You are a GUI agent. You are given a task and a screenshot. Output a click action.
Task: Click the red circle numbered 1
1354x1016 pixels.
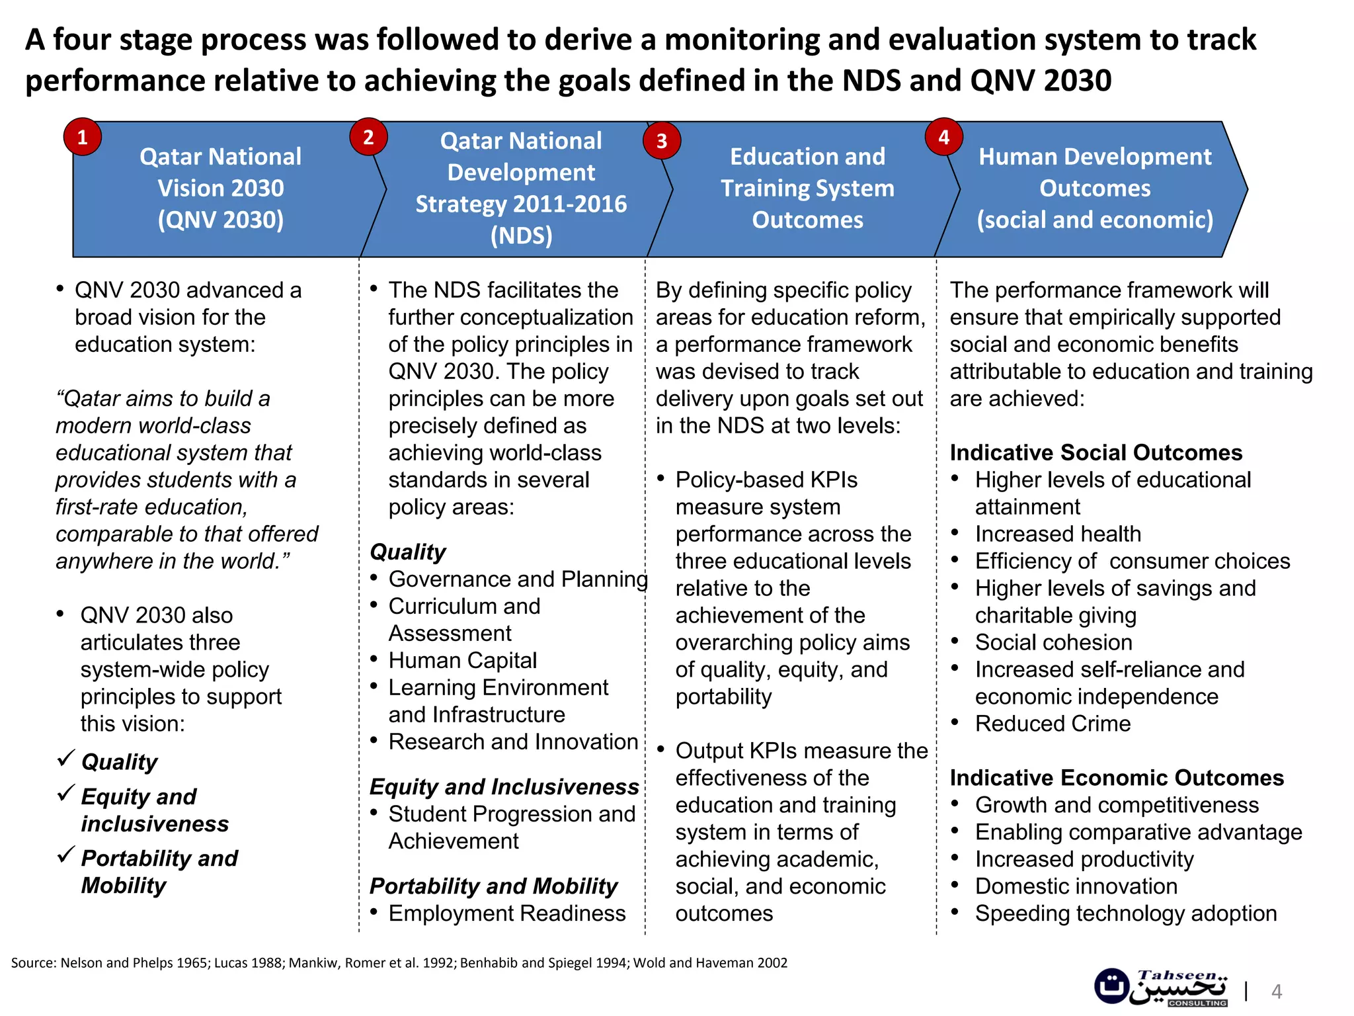click(83, 137)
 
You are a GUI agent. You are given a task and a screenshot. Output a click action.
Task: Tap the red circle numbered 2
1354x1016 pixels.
click(368, 137)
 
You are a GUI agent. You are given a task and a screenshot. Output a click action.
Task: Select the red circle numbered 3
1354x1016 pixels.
click(662, 140)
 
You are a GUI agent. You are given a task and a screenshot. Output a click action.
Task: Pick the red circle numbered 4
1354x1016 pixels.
click(943, 137)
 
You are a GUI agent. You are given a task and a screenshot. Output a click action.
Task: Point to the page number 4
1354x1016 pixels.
click(1277, 992)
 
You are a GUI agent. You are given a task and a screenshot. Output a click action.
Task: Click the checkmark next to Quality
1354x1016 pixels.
click(65, 758)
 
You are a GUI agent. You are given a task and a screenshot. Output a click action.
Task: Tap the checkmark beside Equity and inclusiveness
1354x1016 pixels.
click(65, 792)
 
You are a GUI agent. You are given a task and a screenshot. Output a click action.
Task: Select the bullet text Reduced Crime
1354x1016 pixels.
click(1053, 724)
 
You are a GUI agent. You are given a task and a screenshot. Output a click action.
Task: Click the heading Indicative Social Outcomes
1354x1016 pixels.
click(1096, 452)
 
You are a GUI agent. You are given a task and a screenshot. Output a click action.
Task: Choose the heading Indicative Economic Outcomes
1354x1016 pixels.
click(1117, 778)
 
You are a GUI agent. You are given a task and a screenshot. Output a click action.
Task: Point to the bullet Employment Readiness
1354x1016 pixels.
click(506, 913)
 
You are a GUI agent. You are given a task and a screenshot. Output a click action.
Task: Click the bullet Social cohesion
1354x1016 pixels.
click(1053, 642)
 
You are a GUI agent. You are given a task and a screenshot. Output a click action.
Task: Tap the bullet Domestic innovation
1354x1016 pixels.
click(1076, 886)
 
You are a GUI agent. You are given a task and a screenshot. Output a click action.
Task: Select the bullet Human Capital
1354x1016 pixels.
click(462, 660)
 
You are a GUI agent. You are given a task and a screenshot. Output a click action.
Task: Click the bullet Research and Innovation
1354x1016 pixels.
click(513, 741)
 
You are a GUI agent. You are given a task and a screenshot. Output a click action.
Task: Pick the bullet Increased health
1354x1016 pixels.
click(1058, 534)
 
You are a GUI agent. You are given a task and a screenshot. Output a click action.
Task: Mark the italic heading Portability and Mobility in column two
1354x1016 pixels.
click(493, 886)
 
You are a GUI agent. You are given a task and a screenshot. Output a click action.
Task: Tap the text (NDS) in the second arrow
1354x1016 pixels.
click(521, 235)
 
